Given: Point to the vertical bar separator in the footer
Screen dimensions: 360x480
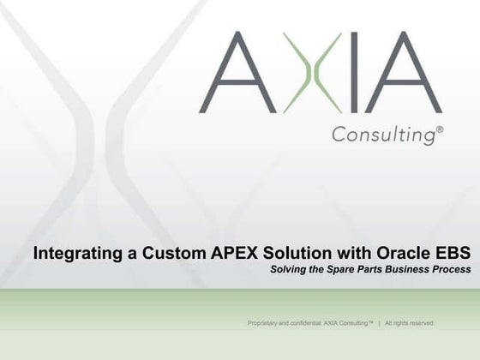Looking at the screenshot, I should point(378,323).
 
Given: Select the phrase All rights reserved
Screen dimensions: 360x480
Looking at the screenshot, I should point(410,323).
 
